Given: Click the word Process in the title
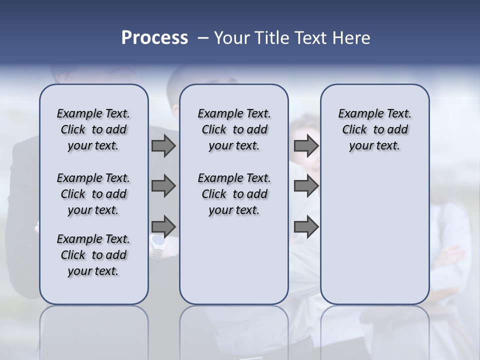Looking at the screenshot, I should tap(154, 38).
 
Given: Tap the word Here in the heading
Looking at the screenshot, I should tap(352, 38).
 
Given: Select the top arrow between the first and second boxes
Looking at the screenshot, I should tap(163, 145).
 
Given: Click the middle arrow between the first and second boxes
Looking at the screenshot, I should tap(163, 186).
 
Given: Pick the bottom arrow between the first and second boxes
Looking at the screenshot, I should tap(163, 226).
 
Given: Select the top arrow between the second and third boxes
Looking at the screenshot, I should tap(306, 145).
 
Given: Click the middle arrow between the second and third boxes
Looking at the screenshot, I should tap(306, 186).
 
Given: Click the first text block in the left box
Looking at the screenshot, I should tap(93, 129).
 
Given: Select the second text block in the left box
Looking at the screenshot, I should tap(93, 194).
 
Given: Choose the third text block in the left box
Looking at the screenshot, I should tap(93, 255).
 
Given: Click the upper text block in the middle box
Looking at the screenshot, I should tap(234, 129).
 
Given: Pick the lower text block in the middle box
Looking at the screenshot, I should tap(234, 194).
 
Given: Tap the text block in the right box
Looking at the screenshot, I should tap(374, 129).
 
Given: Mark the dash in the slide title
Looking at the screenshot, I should tap(201, 38).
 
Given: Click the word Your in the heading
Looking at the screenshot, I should tap(230, 38).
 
